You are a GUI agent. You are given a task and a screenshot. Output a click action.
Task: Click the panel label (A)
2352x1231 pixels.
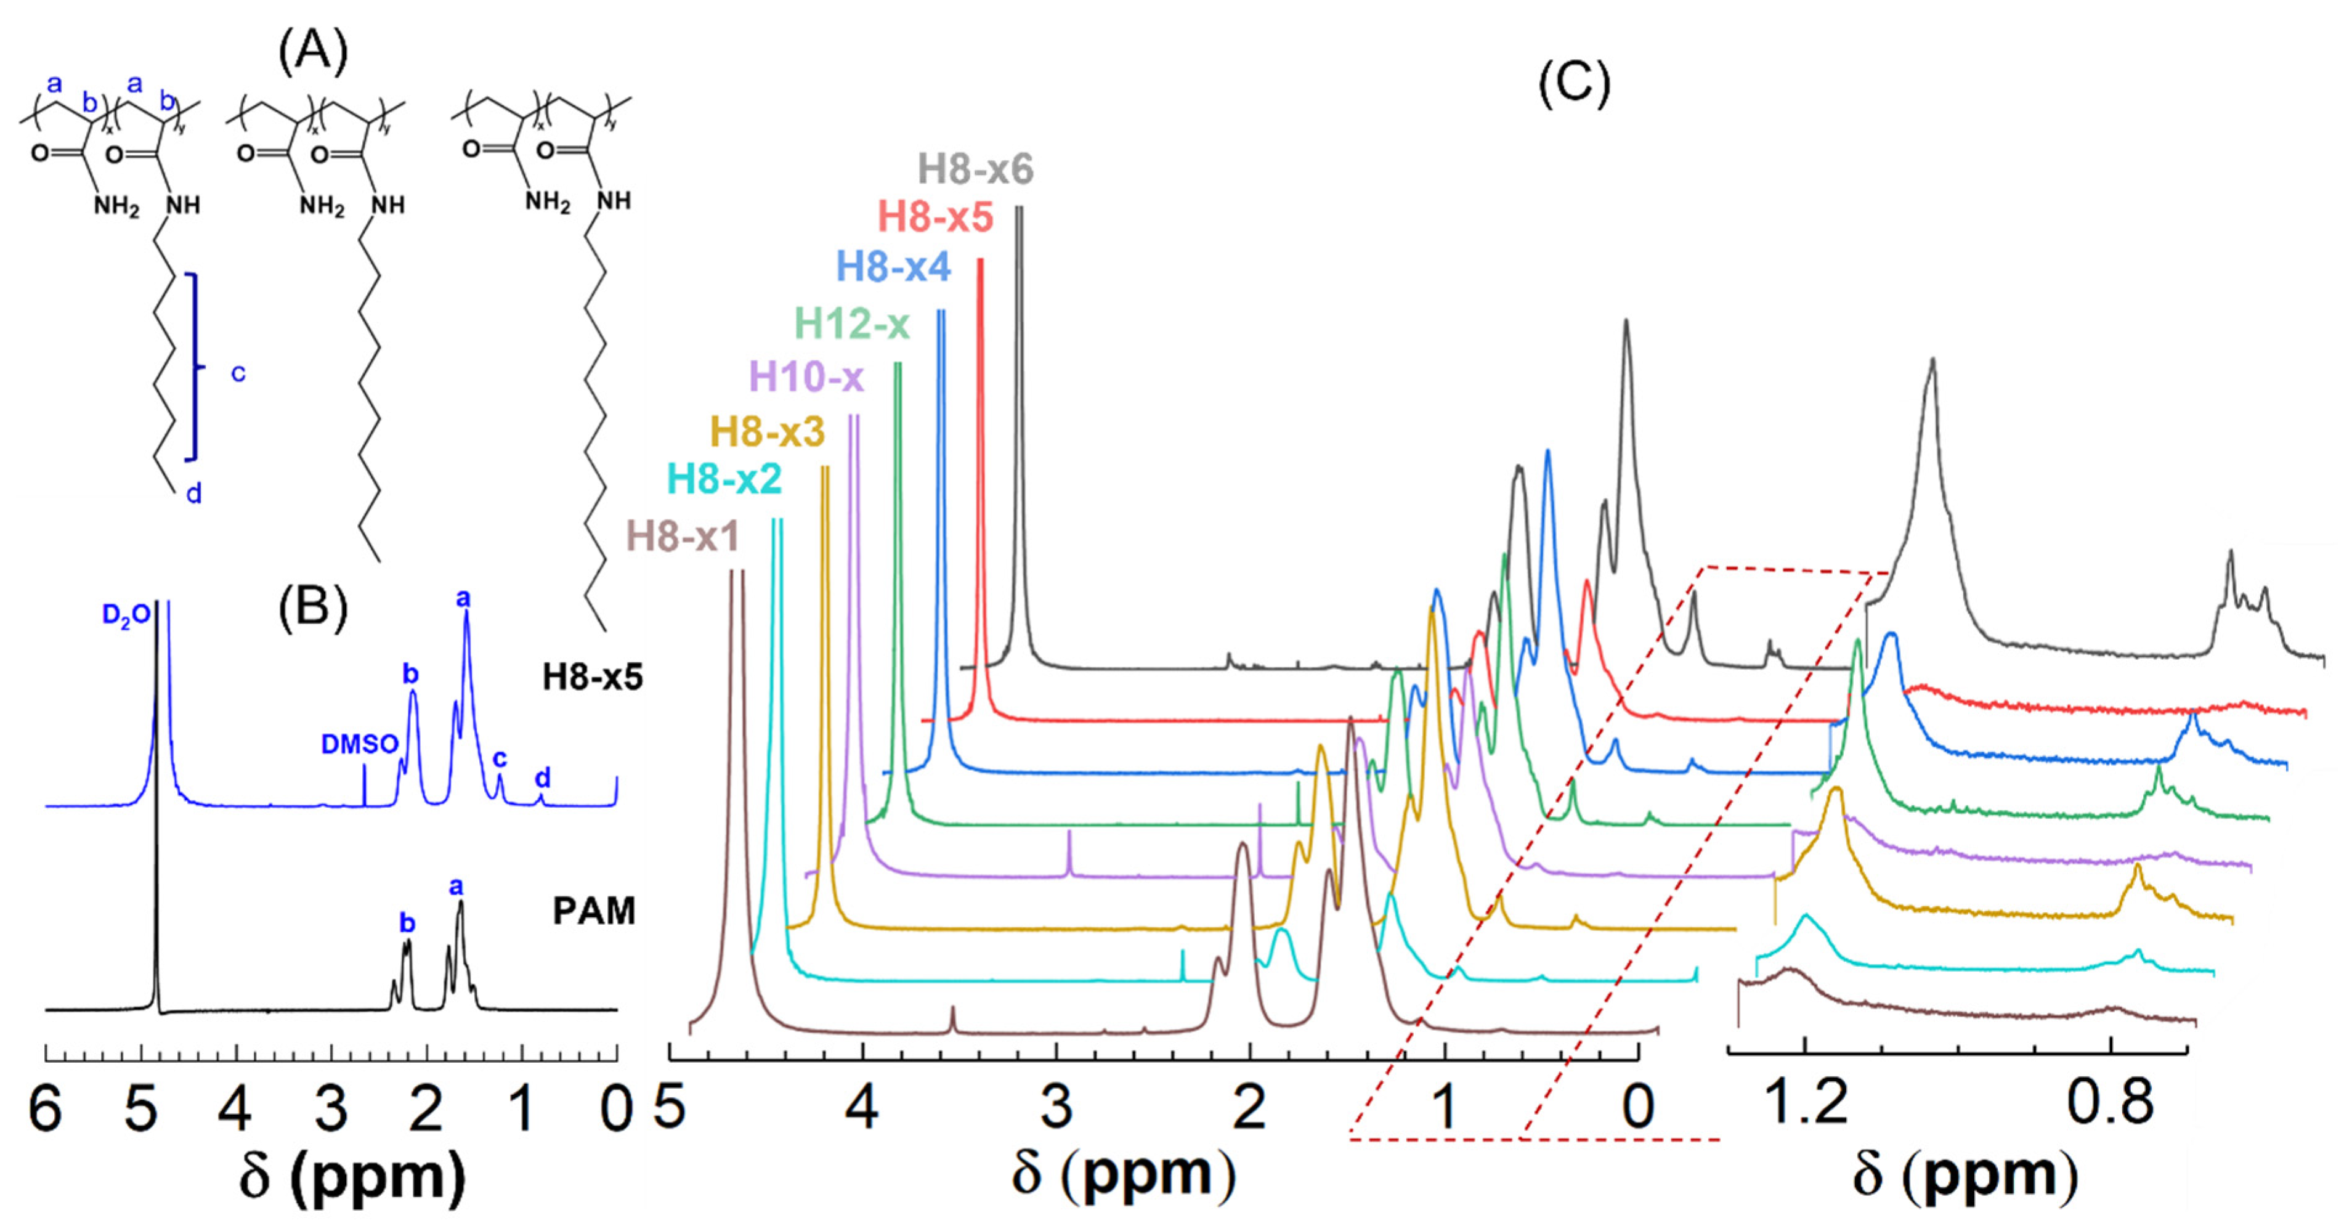[x=312, y=53]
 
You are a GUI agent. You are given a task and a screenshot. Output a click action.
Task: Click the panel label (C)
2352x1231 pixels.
[x=1574, y=83]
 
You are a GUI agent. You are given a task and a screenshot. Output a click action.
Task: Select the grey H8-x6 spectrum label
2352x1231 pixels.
[x=975, y=169]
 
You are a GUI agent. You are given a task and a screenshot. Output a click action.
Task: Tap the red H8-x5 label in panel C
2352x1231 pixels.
[x=935, y=217]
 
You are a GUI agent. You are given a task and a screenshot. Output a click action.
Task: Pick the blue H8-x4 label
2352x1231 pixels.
[x=893, y=267]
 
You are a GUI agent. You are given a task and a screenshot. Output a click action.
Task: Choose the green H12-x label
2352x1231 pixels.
[x=852, y=323]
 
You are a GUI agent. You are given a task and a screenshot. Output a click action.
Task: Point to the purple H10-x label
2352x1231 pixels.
[x=806, y=376]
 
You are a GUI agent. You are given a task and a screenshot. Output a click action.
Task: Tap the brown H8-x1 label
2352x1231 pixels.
[x=682, y=537]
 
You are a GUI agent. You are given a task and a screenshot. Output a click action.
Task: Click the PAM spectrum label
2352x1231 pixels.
[x=593, y=911]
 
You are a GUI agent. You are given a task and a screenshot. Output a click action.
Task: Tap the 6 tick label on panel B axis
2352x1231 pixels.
[x=46, y=1108]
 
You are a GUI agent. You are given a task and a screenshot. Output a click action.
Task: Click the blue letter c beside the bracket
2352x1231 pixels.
[x=237, y=373]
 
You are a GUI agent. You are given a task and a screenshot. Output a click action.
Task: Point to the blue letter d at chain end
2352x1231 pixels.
[x=193, y=494]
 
